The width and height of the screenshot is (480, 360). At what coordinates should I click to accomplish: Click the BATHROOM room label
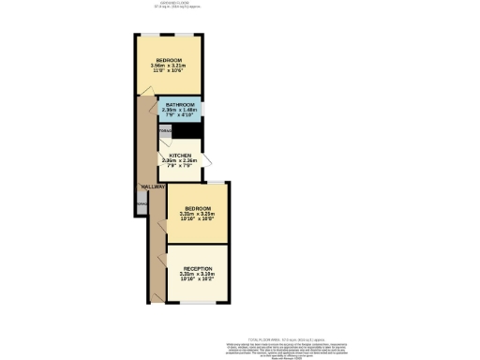click(x=180, y=104)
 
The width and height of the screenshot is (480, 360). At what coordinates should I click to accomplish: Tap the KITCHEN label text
click(x=180, y=155)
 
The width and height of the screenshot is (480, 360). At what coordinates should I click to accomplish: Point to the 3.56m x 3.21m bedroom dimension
click(x=169, y=65)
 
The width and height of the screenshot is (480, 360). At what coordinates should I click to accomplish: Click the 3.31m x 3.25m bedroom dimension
click(x=198, y=214)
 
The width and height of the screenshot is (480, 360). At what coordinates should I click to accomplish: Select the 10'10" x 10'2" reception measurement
click(x=198, y=279)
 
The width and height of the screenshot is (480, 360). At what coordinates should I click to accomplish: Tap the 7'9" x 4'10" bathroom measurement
click(x=180, y=115)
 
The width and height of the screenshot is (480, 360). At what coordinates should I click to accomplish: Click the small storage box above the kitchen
click(x=165, y=131)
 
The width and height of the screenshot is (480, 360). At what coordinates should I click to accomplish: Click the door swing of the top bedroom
click(x=148, y=91)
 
